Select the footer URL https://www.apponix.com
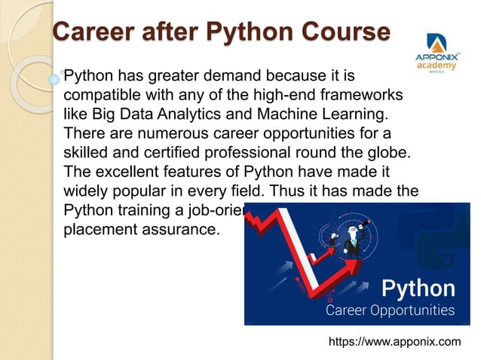[x=395, y=343]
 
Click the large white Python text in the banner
[x=418, y=288]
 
